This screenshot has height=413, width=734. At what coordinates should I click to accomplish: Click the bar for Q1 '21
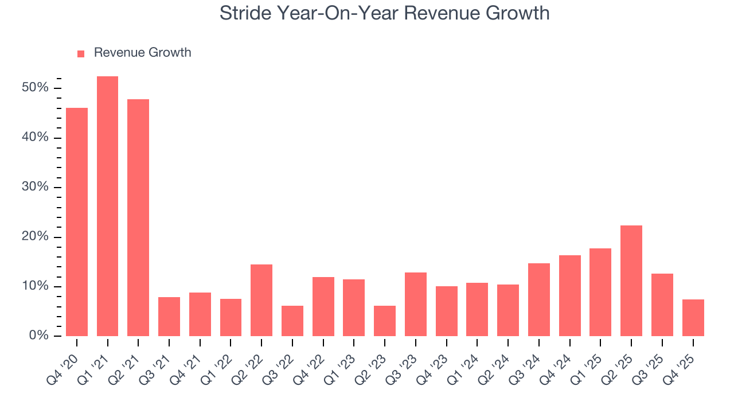pyautogui.click(x=107, y=206)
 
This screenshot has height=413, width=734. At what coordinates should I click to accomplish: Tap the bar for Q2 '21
pyautogui.click(x=138, y=218)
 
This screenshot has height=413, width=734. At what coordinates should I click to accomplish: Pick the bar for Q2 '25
pyautogui.click(x=631, y=281)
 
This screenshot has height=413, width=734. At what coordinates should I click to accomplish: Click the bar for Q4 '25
pyautogui.click(x=693, y=318)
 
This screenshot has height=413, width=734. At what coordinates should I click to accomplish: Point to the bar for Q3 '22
pyautogui.click(x=292, y=321)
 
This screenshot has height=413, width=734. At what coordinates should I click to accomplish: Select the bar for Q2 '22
pyautogui.click(x=261, y=301)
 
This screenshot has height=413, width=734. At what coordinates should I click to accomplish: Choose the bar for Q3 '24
pyautogui.click(x=539, y=300)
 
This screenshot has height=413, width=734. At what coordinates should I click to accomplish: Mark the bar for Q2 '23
pyautogui.click(x=385, y=321)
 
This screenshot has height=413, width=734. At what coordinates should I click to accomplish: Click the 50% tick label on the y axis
pyautogui.click(x=36, y=88)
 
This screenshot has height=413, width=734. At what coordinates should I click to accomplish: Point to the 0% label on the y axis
pyautogui.click(x=39, y=336)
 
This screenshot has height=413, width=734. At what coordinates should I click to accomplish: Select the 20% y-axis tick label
pyautogui.click(x=36, y=237)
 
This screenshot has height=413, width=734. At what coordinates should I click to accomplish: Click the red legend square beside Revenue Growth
pyautogui.click(x=81, y=53)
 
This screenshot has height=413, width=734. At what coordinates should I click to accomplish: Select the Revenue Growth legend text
pyautogui.click(x=142, y=53)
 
